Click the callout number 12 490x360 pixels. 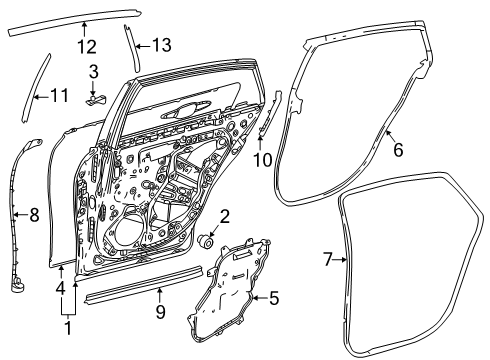pyautogui.click(x=86, y=45)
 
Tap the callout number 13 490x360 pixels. pyautogui.click(x=160, y=45)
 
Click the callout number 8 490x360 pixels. pyautogui.click(x=33, y=213)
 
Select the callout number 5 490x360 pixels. pyautogui.click(x=273, y=297)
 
